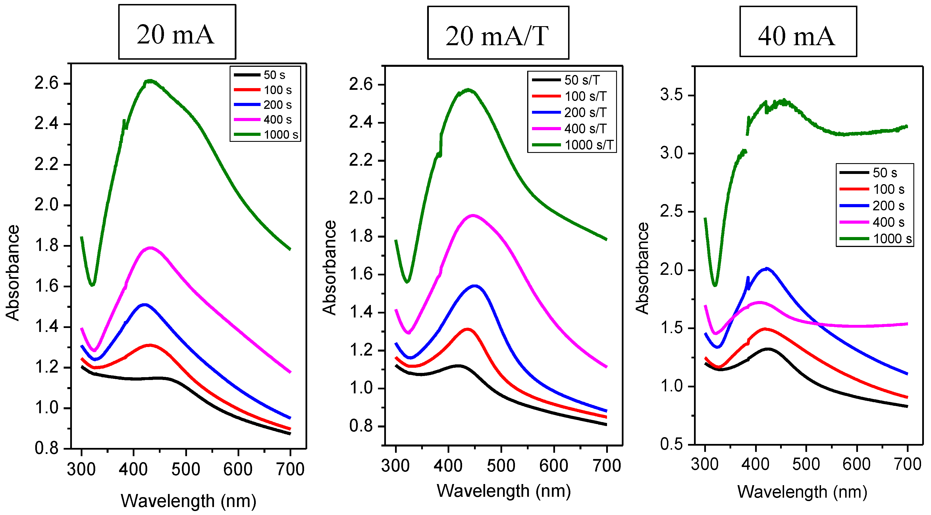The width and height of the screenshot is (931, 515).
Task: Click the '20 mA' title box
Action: pos(177,32)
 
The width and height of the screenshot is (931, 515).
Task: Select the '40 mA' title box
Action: pos(798,32)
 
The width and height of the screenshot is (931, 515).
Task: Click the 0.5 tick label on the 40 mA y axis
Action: pos(671,444)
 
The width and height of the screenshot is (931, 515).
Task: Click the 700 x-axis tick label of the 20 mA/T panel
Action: pos(607,466)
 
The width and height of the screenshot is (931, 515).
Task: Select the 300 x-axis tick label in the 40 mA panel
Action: pos(705,464)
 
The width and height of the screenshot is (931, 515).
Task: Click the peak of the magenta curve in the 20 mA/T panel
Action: pos(473,216)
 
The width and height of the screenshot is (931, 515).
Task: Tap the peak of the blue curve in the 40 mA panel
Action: pos(766,269)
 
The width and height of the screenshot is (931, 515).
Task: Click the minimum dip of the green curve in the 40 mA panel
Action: pos(715,285)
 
